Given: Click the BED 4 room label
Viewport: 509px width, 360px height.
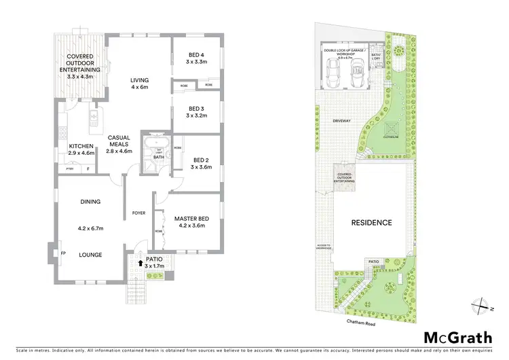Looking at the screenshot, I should click(197, 56).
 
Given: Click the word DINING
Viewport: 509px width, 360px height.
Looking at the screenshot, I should click(90, 202).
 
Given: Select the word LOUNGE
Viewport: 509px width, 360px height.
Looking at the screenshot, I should click(90, 255).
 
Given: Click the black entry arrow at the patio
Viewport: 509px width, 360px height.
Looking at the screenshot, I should click(140, 260).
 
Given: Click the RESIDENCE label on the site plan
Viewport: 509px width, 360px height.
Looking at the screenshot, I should click(371, 222).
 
